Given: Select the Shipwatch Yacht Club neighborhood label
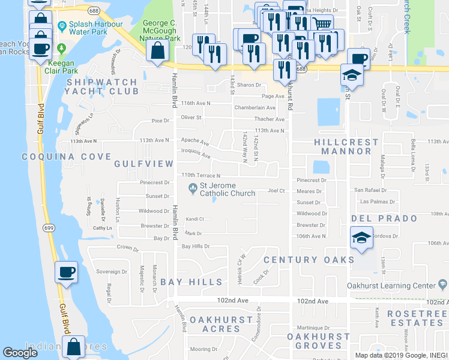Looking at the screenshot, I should coord(102,86).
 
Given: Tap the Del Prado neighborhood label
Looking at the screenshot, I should coord(375,218).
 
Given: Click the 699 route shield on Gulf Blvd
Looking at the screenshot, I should coord(49,227).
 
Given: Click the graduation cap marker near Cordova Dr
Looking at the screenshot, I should coord(361,238).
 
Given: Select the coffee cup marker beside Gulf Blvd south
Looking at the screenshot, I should coord(66,272).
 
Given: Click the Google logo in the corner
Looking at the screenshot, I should coord(20,353).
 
